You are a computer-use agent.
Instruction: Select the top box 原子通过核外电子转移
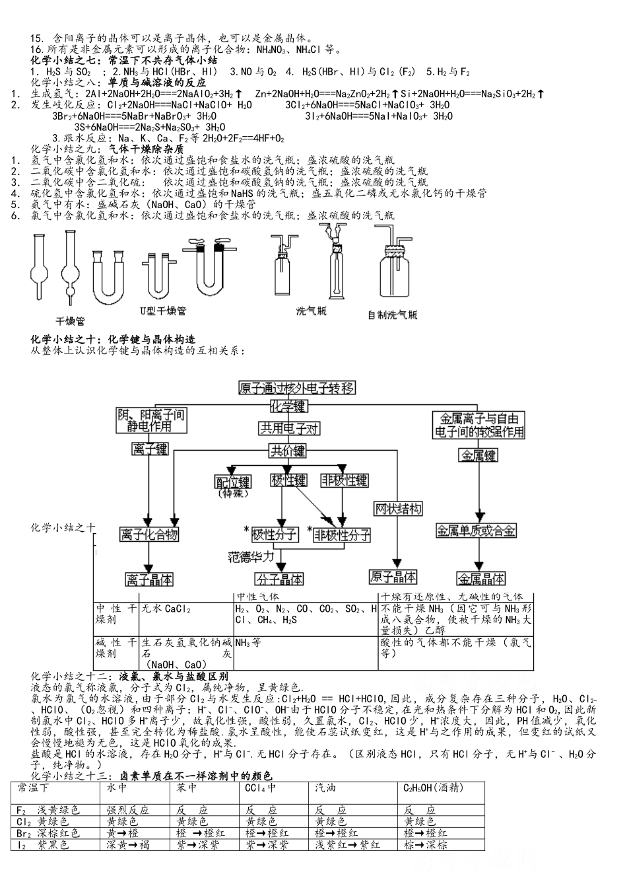click(x=297, y=388)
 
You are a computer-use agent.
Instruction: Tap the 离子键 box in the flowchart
click(x=150, y=449)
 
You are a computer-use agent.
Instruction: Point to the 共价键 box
click(x=288, y=451)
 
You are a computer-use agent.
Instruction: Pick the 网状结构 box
click(x=398, y=508)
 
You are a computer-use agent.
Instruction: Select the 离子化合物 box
click(x=149, y=534)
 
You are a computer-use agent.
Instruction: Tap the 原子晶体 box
click(x=393, y=577)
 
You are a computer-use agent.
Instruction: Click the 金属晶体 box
click(x=481, y=579)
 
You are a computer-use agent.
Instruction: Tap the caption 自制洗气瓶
click(x=392, y=314)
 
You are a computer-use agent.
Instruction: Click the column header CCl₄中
click(x=261, y=788)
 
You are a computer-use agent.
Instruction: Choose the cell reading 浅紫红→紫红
click(x=347, y=844)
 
